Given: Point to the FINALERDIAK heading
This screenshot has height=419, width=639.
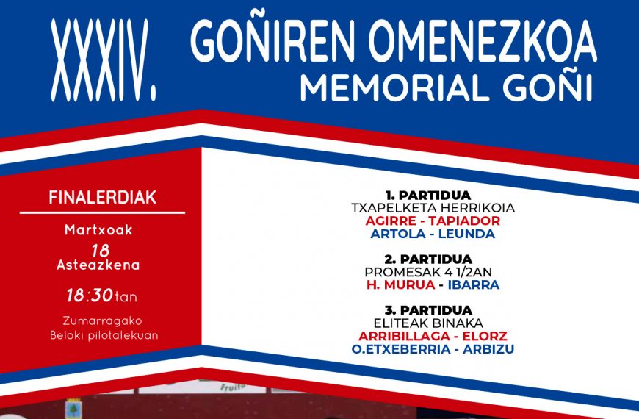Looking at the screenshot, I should point(102,198).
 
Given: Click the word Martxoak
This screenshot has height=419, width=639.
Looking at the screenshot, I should point(98,230).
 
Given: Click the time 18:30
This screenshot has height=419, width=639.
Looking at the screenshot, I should point(89,296).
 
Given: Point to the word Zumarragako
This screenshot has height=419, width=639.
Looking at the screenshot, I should point(102,321).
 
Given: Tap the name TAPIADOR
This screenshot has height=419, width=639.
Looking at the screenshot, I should point(464,221).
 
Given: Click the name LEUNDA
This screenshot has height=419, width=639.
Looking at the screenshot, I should point(466,234).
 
